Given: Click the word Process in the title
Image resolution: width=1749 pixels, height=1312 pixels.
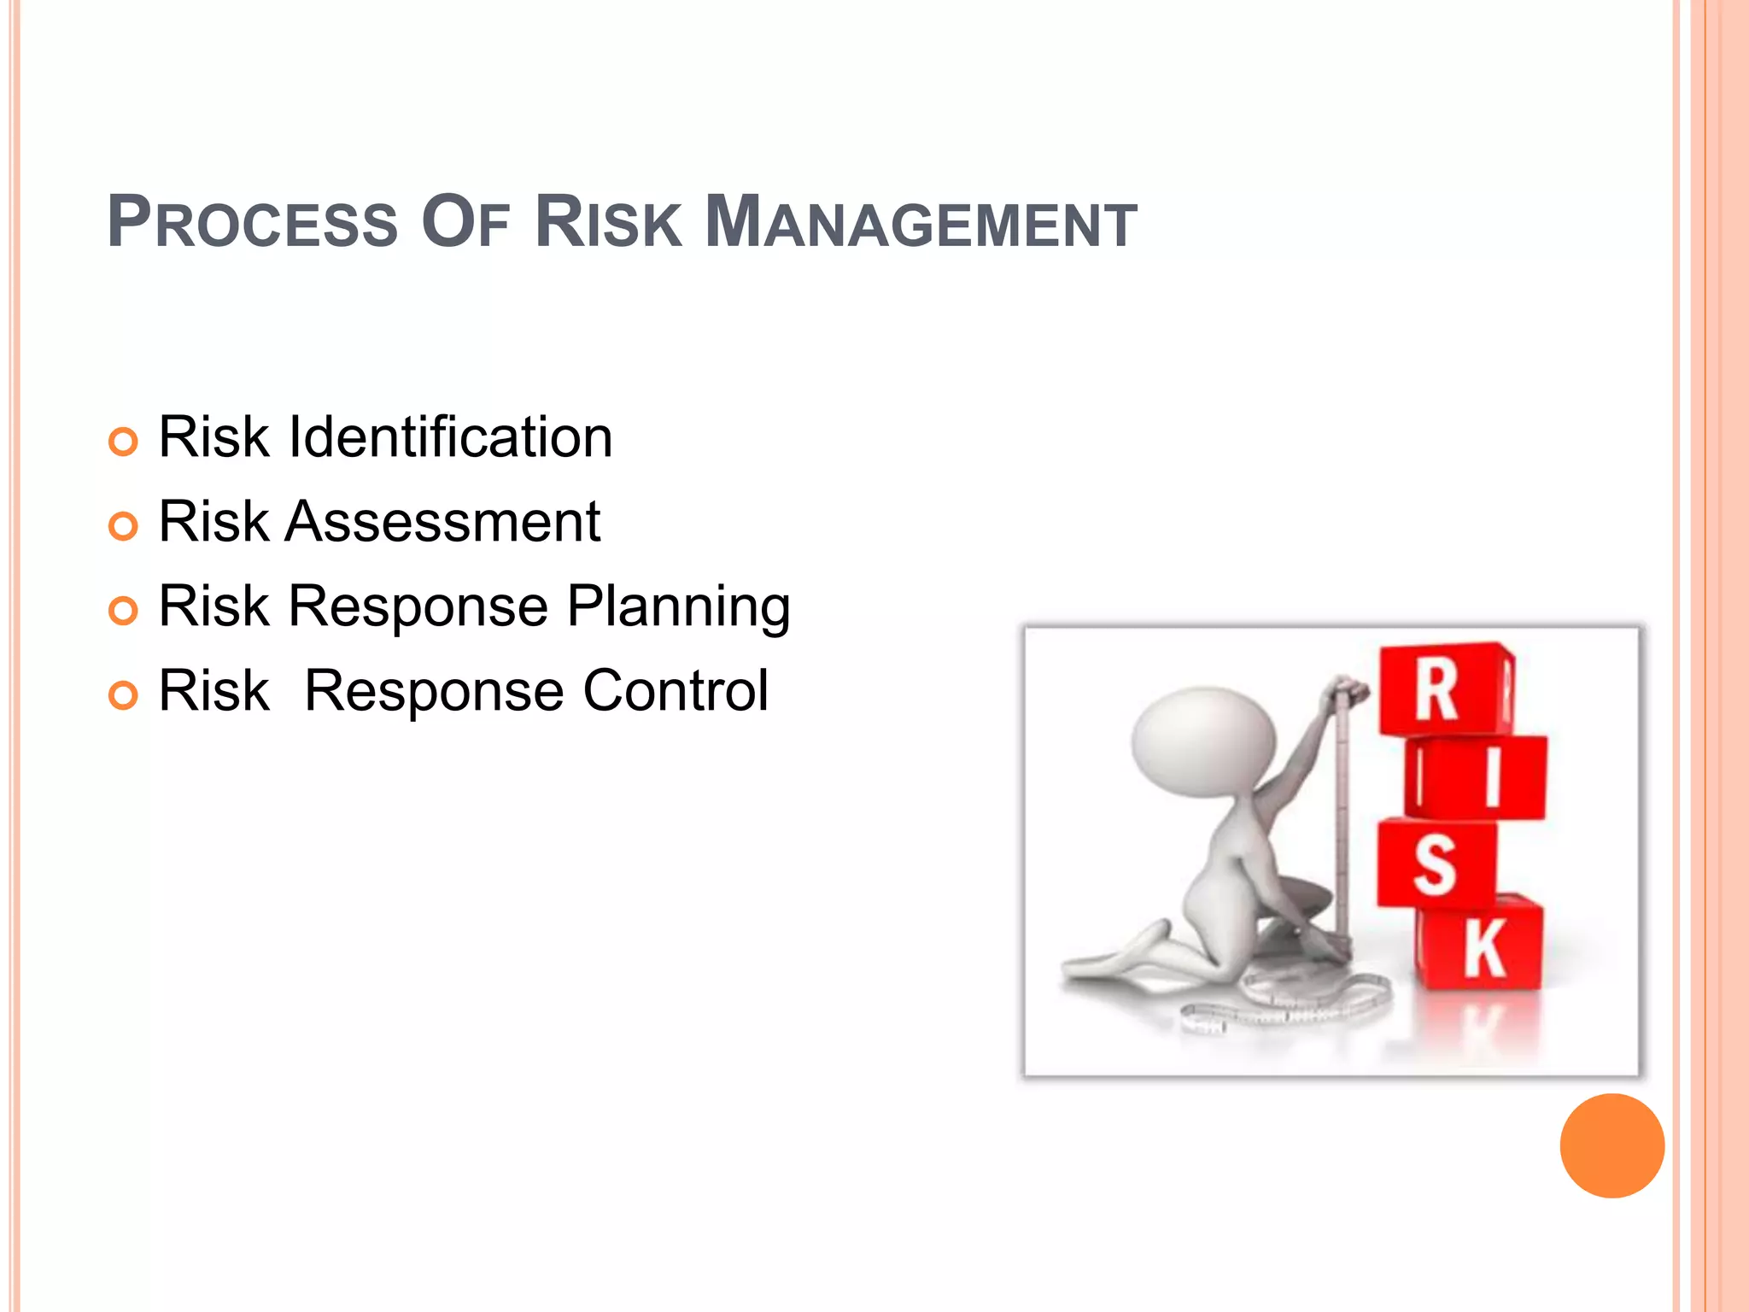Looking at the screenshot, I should [253, 223].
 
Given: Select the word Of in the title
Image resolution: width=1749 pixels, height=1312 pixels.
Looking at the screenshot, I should [465, 223].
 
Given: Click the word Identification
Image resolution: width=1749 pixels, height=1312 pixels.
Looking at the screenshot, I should [450, 437].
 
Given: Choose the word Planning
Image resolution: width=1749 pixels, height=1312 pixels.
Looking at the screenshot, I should [678, 608].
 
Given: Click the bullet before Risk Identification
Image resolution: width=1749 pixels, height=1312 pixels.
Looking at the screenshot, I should [123, 442].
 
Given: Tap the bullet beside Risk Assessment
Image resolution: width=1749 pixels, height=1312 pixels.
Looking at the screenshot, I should [123, 526].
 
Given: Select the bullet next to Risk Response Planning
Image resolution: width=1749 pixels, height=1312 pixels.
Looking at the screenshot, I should [123, 611].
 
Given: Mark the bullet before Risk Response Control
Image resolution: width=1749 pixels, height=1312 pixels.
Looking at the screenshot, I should [123, 695].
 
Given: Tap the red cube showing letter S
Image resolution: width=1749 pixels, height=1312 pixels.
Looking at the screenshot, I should [1435, 864].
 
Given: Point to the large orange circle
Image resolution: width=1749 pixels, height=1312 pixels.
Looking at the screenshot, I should [1612, 1145].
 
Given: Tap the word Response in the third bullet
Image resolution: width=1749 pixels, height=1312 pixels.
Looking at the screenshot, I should [418, 606].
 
